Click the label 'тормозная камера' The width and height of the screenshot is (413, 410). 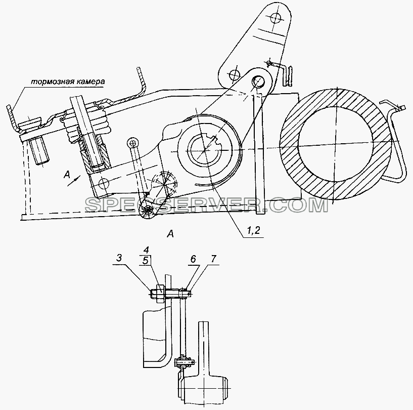coord(68,81)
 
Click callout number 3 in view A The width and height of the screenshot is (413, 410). coord(119,258)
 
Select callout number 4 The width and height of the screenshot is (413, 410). coord(147,250)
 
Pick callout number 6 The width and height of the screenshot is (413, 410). coord(193,259)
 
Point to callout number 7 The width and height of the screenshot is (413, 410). coord(213,259)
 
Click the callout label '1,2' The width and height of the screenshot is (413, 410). coord(253,230)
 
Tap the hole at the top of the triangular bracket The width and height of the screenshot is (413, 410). coord(276,18)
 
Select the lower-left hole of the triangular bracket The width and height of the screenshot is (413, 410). coord(234,74)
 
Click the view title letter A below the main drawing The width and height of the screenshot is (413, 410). coord(171,234)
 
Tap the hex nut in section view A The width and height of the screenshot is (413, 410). coord(160,294)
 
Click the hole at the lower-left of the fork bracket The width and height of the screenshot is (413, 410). coord(103,182)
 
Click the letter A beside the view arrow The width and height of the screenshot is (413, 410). coord(67,174)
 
